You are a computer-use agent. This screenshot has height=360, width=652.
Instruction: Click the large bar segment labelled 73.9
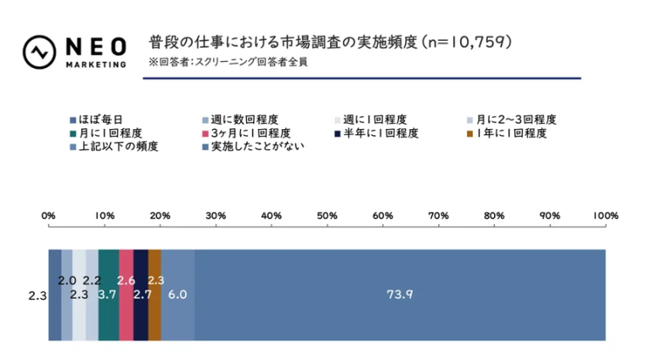coord(399,295)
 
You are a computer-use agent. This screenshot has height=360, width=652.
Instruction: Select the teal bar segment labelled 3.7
coord(109,295)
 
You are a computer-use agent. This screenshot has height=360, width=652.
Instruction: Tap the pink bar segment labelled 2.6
coord(126,295)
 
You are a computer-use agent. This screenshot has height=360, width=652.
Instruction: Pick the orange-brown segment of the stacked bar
coord(155,295)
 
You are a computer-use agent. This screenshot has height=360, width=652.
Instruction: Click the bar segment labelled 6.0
coord(177,295)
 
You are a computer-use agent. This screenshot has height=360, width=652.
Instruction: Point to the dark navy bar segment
coord(141,295)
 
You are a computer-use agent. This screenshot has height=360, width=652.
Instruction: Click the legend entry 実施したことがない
coord(252,146)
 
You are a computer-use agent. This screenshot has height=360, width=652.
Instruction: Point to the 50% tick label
coord(327,216)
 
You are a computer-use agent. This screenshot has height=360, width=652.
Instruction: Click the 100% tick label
coord(605,216)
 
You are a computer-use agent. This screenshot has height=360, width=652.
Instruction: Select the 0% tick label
coord(48,216)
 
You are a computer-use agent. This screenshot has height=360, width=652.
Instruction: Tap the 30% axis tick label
coord(216,216)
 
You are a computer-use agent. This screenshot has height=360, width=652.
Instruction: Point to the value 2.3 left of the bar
coord(37,295)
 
